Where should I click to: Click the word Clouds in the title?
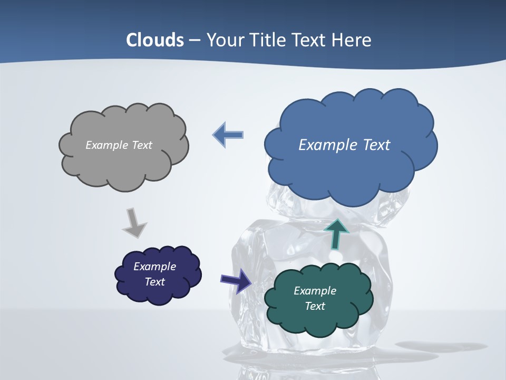[155, 40]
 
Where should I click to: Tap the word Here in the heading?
[352, 40]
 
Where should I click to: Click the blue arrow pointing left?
[228, 135]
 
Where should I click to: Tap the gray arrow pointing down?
[134, 222]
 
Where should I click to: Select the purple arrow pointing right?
[236, 280]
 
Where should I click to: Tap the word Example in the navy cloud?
[154, 267]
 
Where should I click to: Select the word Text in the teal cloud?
[315, 306]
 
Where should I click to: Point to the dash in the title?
[194, 40]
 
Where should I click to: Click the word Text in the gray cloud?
[142, 145]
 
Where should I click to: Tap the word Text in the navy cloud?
[155, 282]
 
